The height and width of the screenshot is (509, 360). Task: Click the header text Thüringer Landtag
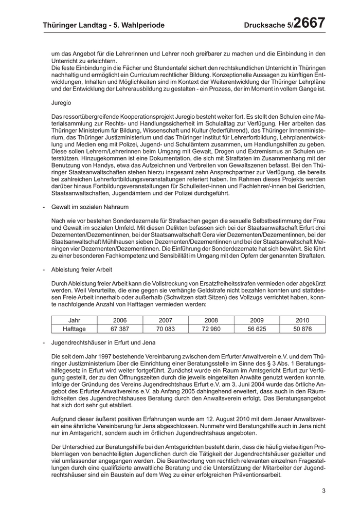coord(73,25)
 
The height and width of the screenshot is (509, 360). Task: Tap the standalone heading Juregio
coord(62,103)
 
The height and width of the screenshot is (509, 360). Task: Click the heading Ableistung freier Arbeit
coord(82,269)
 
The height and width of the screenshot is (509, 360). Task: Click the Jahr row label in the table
coord(74,320)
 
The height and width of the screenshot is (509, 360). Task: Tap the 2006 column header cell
coord(120,320)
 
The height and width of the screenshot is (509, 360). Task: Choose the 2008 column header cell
coord(212,320)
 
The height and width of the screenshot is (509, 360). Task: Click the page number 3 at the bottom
coord(324,491)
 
